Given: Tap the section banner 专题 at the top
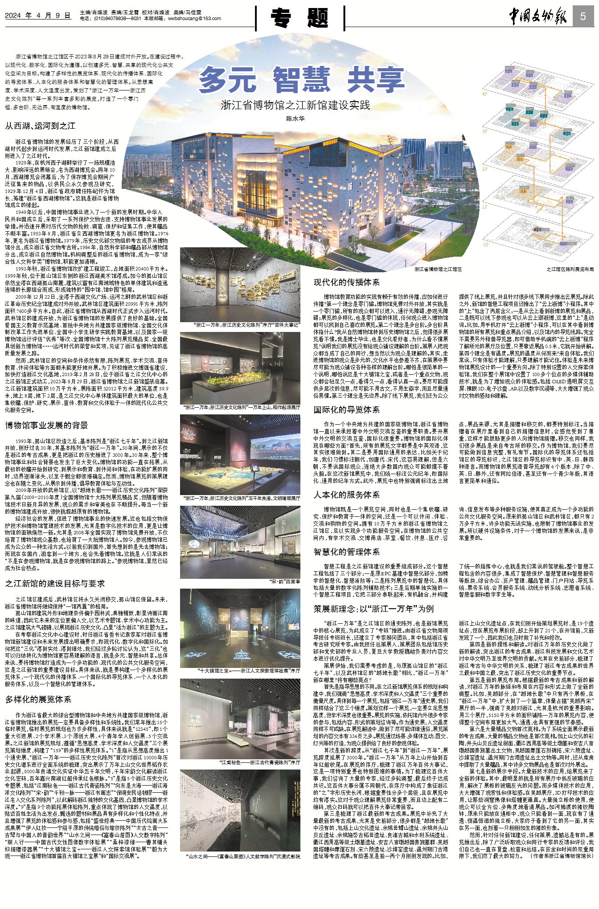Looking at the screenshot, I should [x=300, y=18].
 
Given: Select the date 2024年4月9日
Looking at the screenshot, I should [x=38, y=16].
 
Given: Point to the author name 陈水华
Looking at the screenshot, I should [x=295, y=119].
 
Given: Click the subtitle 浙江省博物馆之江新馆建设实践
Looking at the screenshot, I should [x=295, y=105].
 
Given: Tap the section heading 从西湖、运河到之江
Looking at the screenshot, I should [x=40, y=126].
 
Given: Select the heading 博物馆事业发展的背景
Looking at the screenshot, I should [x=46, y=425].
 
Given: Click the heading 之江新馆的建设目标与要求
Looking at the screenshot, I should [x=55, y=583].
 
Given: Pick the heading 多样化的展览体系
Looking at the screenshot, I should [x=38, y=699].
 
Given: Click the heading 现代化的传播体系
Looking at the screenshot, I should [x=346, y=282].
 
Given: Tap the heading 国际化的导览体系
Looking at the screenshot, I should [x=346, y=409].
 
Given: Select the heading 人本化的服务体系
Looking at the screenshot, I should [x=346, y=495].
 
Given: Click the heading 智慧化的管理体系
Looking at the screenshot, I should [x=346, y=552].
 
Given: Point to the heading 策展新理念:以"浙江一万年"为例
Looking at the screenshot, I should [x=373, y=609].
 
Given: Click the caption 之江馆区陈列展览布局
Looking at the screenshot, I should [x=570, y=270].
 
